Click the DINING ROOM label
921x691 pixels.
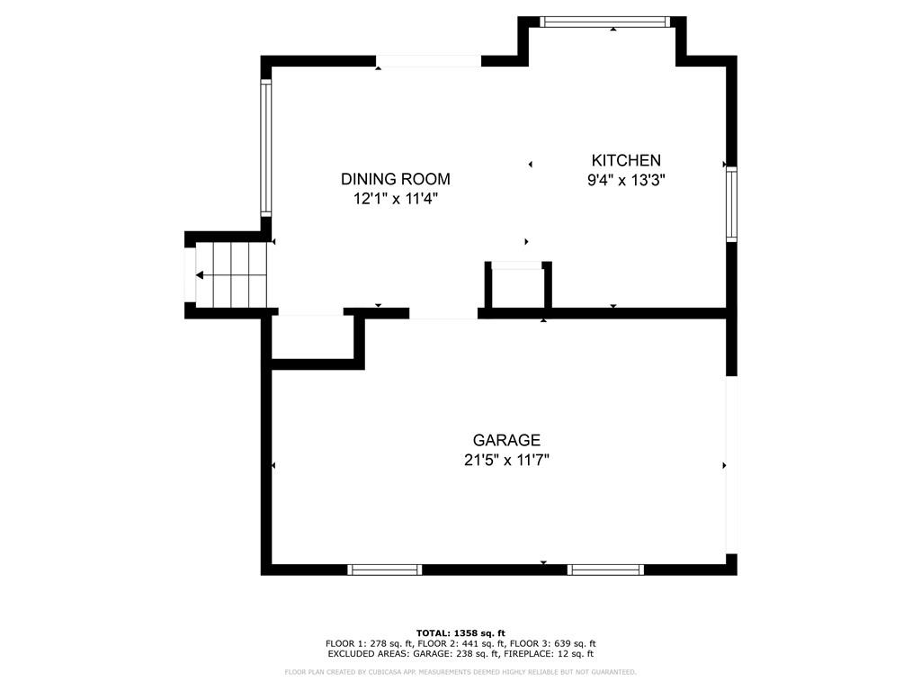pos(395,179)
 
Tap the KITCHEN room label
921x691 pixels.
pos(625,160)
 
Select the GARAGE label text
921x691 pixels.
pos(506,440)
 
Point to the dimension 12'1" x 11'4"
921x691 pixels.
pos(395,199)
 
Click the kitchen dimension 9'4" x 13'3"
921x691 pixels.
pos(625,180)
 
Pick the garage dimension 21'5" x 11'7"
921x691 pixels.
pos(506,460)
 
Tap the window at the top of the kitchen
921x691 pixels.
pos(606,22)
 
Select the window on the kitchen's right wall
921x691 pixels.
pos(731,204)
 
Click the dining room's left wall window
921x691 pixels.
pos(266,148)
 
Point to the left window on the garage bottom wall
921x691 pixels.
pos(385,570)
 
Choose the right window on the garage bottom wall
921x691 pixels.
pos(605,570)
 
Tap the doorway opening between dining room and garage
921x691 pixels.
pos(443,313)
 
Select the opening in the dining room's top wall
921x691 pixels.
pos(428,61)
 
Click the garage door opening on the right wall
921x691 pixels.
pos(731,464)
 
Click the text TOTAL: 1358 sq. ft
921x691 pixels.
pos(460,633)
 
